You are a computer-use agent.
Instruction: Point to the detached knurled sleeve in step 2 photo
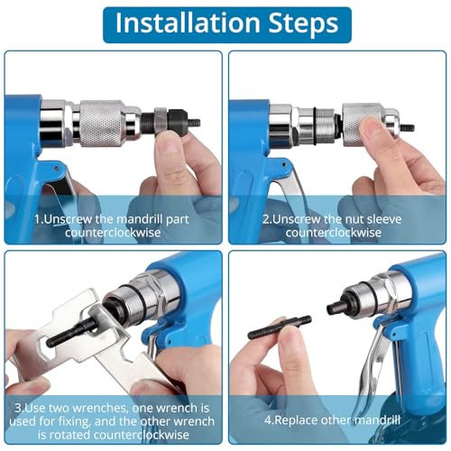pos(367,120)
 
